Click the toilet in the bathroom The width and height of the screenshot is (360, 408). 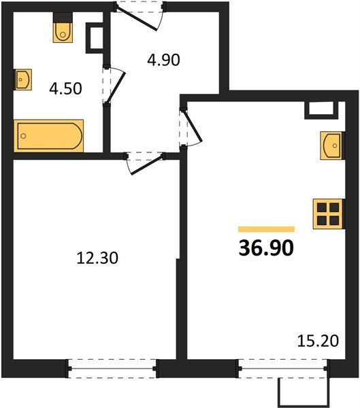click(x=63, y=30)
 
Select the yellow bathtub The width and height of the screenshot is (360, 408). click(x=49, y=136)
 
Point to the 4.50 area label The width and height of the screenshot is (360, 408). click(x=66, y=89)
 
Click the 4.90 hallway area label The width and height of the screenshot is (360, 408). click(x=163, y=60)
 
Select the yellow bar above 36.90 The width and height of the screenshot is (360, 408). click(x=266, y=230)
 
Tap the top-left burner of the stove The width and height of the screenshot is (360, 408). click(x=321, y=206)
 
